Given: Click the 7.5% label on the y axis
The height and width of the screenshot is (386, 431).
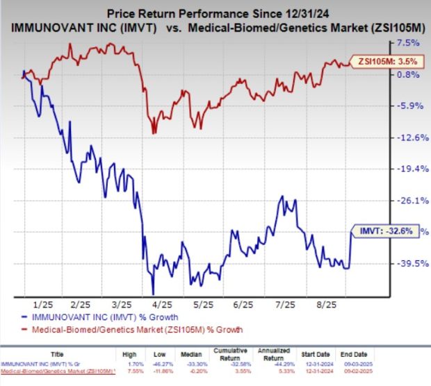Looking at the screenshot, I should (406, 43).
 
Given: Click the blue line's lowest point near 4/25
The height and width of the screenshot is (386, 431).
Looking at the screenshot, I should (153, 294).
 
